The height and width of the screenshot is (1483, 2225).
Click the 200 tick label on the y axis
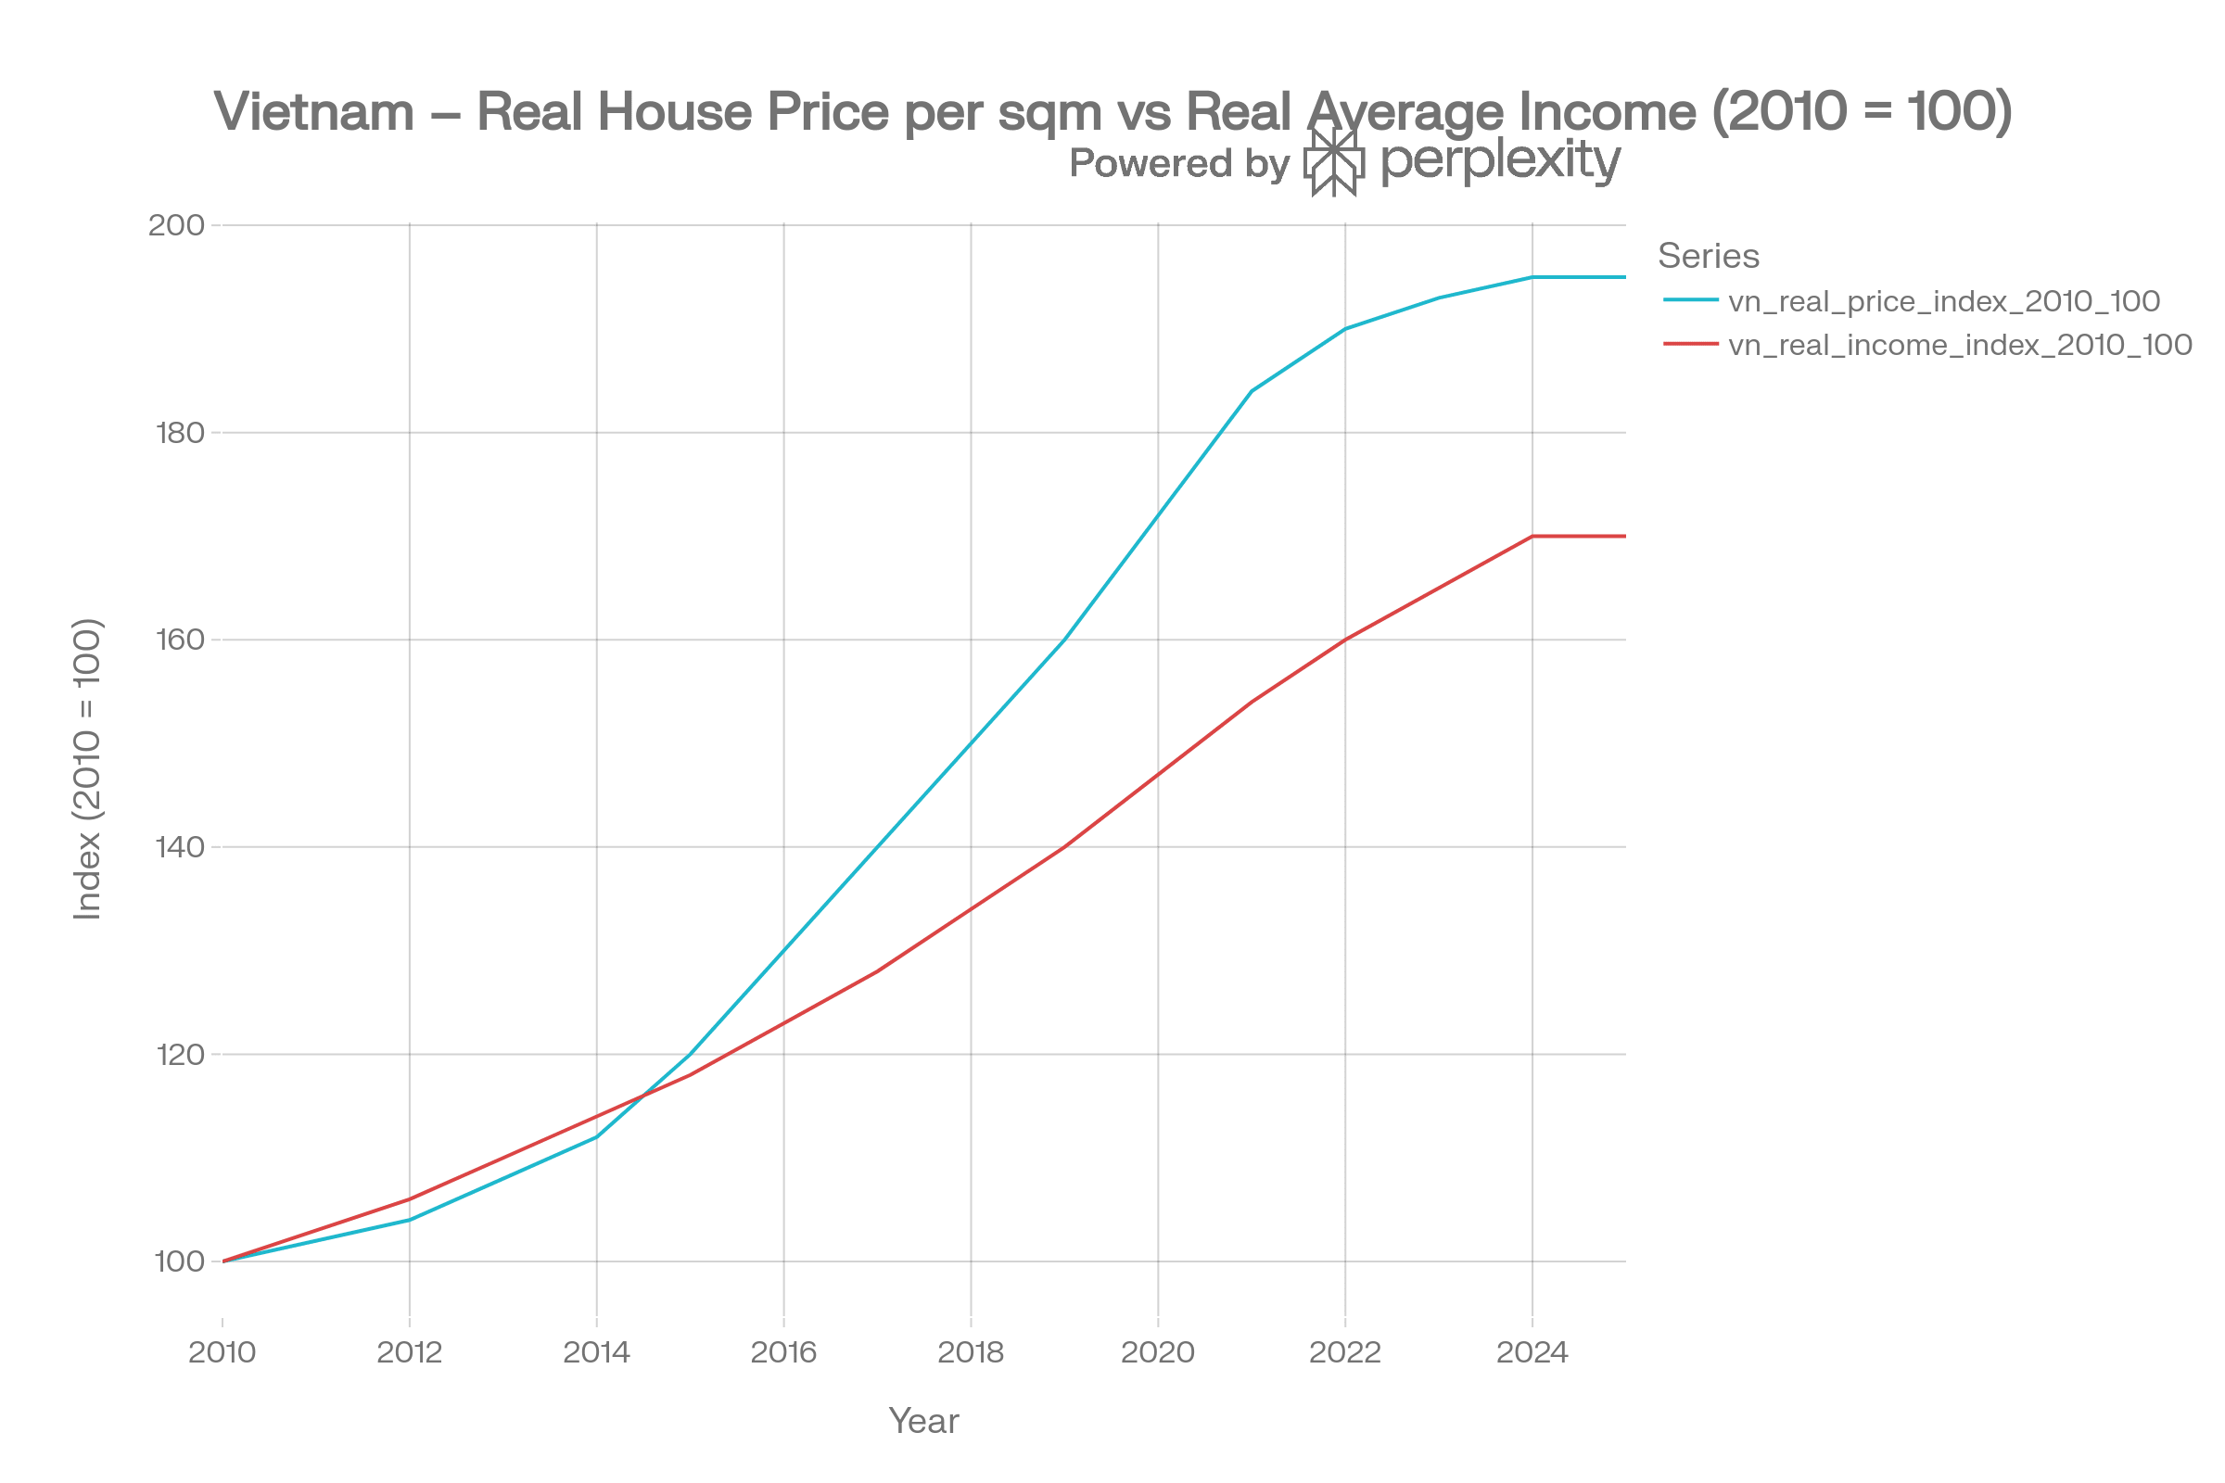(177, 225)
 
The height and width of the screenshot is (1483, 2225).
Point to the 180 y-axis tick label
(180, 433)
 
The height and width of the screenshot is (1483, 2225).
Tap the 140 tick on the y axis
(180, 847)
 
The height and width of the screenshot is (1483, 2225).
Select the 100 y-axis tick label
(180, 1261)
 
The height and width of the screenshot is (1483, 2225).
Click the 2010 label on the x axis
(222, 1353)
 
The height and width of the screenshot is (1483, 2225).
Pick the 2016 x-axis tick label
(784, 1353)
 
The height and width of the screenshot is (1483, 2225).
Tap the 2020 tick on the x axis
(1158, 1353)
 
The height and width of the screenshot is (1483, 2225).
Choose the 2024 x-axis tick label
(1532, 1353)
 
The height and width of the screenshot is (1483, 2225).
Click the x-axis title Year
(924, 1422)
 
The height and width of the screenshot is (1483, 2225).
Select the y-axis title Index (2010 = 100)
(88, 769)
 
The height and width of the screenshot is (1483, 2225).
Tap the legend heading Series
(1709, 257)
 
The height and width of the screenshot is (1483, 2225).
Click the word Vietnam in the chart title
(314, 111)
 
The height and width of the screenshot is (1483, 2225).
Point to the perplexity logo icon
(1334, 160)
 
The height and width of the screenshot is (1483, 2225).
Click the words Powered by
(1178, 164)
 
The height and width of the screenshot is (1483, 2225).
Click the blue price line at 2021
(1252, 390)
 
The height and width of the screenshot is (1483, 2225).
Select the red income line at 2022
(1345, 640)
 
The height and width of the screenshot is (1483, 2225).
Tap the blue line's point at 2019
(1064, 640)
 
